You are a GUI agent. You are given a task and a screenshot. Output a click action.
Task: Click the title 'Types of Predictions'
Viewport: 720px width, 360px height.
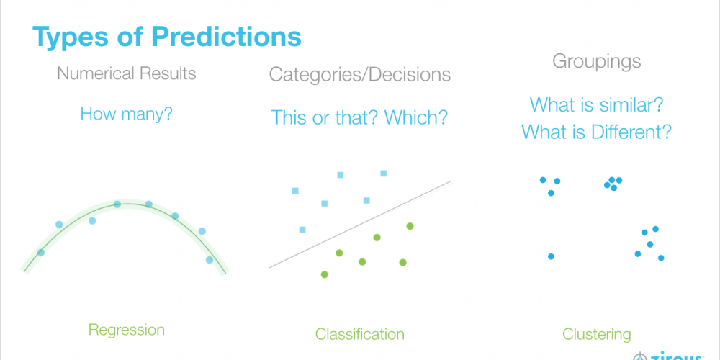tap(167, 37)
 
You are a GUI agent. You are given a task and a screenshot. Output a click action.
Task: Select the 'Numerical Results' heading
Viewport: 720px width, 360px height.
tap(126, 73)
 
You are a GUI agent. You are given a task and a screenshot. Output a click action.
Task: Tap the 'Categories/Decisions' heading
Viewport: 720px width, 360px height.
tap(360, 74)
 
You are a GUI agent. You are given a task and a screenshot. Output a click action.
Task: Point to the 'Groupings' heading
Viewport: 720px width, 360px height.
tap(596, 61)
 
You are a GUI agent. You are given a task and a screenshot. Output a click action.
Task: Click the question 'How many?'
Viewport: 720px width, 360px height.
tap(126, 114)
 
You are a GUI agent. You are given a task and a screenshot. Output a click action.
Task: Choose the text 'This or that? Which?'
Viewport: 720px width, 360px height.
tap(359, 117)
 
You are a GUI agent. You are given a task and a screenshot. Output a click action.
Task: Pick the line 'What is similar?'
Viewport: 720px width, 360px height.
tap(596, 104)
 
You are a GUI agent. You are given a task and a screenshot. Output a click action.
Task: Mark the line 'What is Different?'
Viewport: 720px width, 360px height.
tap(596, 132)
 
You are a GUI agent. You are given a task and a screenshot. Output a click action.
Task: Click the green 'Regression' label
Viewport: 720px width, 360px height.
tap(126, 330)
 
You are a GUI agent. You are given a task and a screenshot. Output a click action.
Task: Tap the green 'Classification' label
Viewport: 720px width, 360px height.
tap(359, 334)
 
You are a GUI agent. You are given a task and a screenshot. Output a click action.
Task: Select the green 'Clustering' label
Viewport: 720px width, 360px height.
tap(596, 334)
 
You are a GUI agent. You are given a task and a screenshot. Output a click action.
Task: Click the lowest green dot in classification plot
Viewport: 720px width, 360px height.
tap(325, 274)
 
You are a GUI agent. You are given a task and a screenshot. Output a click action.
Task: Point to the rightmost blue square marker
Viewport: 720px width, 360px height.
tap(384, 173)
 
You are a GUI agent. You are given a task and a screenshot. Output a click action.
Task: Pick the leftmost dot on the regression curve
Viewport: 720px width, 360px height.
tap(41, 252)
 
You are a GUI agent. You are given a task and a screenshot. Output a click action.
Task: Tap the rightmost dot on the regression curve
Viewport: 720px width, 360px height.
tap(210, 260)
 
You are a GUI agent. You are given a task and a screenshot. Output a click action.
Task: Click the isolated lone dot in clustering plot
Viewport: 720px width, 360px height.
tap(551, 256)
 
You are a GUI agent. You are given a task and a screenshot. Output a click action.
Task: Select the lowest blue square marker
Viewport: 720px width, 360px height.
tap(302, 230)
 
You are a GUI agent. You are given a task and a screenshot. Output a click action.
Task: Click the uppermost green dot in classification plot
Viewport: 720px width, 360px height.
tap(410, 226)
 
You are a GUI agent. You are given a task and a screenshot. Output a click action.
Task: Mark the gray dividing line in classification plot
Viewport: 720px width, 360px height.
tap(360, 224)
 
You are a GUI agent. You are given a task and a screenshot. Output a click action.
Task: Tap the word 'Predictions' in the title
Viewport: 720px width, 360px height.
tap(226, 37)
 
